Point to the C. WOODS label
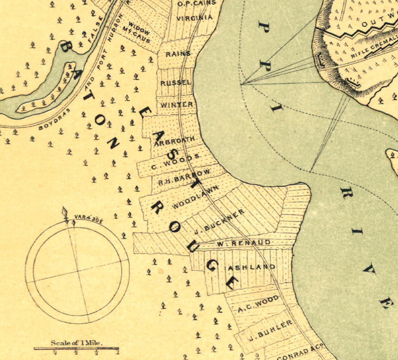click(176, 161)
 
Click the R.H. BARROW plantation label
click(184, 177)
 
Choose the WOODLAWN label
click(196, 198)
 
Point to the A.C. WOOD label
click(258, 304)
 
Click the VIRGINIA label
click(195, 18)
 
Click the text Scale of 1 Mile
click(78, 343)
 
